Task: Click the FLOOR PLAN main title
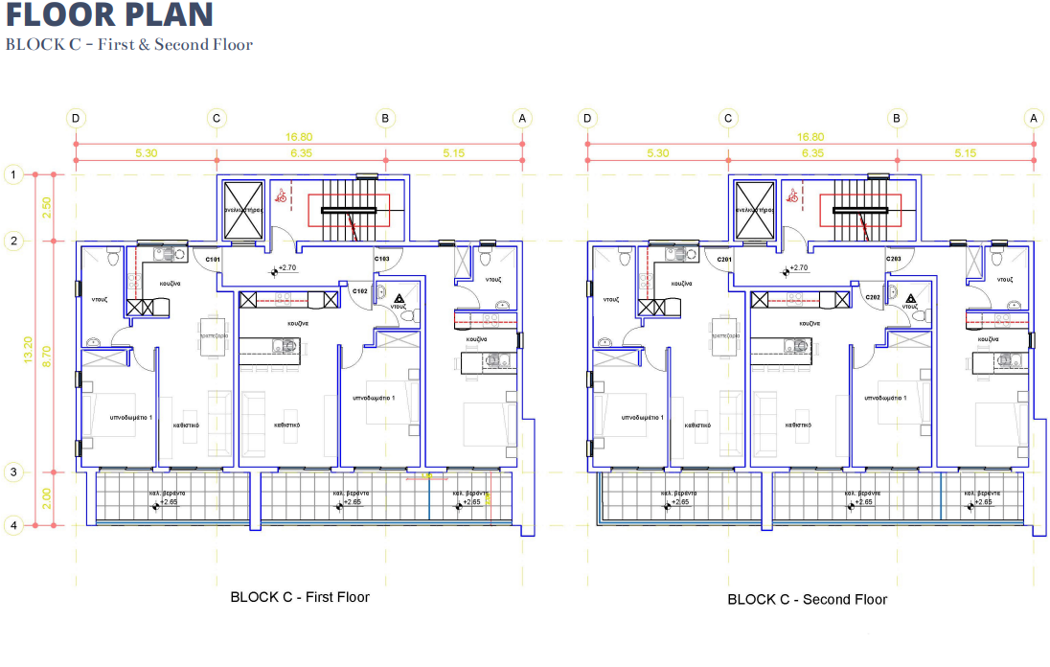[x=109, y=14]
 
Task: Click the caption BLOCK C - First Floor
[x=300, y=597]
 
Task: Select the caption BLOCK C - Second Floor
[x=808, y=600]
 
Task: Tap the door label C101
[x=213, y=260]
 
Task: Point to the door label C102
[x=360, y=290]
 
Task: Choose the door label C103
[x=381, y=260]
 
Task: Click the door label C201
[x=724, y=260]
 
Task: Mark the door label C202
[x=873, y=298]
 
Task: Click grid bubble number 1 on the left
[x=12, y=174]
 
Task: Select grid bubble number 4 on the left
[x=12, y=525]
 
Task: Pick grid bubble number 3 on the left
[x=12, y=471]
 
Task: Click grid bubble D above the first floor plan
[x=76, y=119]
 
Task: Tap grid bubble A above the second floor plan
[x=1033, y=119]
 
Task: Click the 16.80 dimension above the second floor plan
[x=811, y=137]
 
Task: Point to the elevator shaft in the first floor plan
[x=241, y=208]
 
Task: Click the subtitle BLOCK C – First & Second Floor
[x=129, y=45]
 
